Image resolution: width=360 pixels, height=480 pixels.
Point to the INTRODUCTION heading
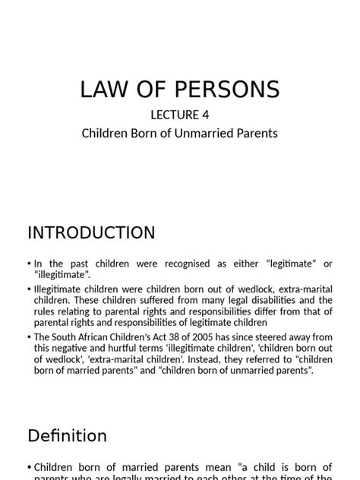point(91,232)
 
